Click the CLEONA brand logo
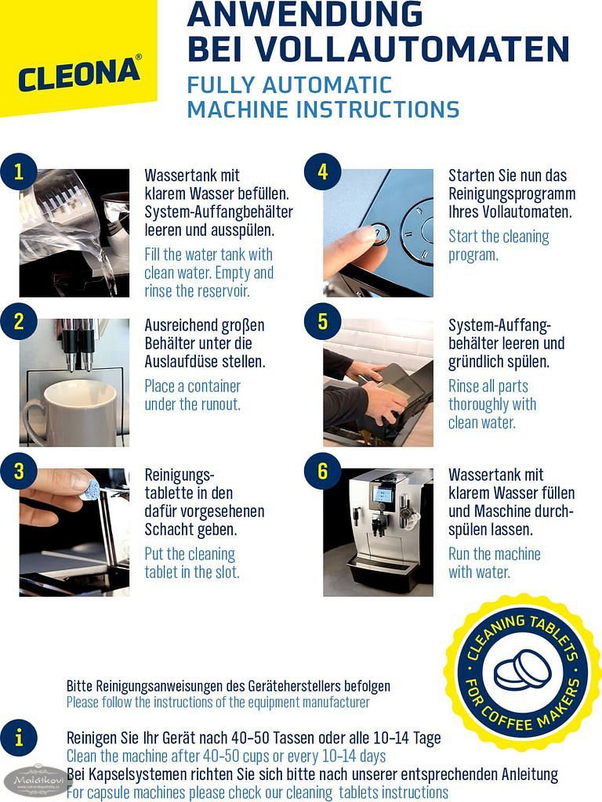click(79, 74)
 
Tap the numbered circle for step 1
click(19, 172)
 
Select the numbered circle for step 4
click(322, 172)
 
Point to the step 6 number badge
click(322, 471)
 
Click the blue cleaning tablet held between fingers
click(91, 490)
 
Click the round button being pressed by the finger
click(378, 233)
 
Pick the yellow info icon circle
click(19, 738)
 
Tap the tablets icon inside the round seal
click(522, 670)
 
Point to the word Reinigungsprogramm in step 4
click(512, 194)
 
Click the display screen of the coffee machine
click(383, 493)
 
